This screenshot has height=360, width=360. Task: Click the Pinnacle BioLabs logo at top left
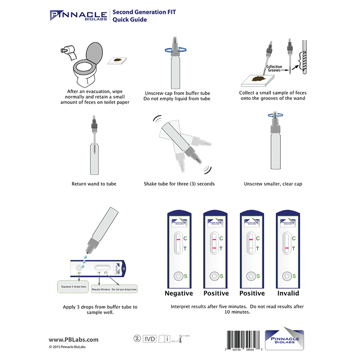click(77, 15)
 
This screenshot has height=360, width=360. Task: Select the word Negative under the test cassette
click(179, 293)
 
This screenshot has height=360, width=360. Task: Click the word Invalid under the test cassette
click(288, 293)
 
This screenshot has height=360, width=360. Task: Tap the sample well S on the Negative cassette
click(179, 275)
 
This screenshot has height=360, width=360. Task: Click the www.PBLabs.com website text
click(73, 340)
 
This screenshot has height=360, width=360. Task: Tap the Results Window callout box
click(114, 289)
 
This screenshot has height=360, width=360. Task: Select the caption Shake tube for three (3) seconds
click(179, 184)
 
